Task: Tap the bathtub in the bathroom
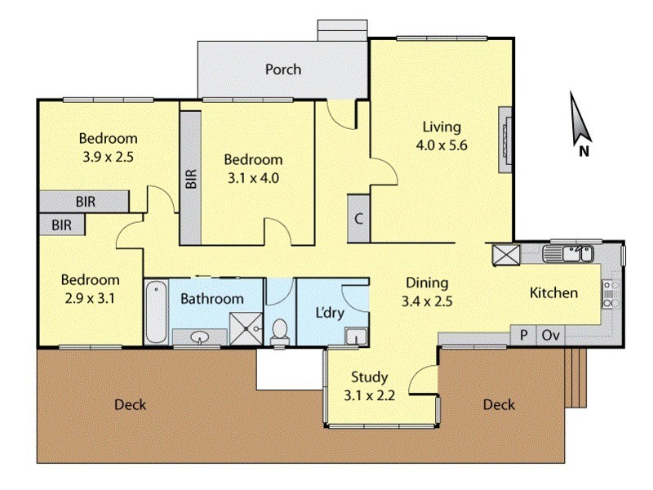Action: tap(156, 312)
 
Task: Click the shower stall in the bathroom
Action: tap(247, 329)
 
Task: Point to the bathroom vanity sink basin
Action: tap(201, 336)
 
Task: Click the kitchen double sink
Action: tap(568, 254)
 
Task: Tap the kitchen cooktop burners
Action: tap(608, 294)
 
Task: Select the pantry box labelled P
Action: tap(523, 335)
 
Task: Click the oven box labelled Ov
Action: tap(550, 335)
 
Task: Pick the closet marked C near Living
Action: tap(358, 218)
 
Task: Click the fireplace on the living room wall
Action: tap(505, 140)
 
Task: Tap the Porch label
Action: tap(283, 69)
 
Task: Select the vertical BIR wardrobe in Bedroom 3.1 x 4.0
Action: tap(191, 177)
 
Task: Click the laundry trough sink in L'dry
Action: tap(356, 336)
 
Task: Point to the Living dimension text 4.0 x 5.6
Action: tap(442, 145)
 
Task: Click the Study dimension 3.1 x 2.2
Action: tap(370, 394)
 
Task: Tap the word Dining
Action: tap(427, 283)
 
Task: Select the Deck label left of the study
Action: tap(131, 404)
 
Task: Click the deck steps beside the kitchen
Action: tap(576, 377)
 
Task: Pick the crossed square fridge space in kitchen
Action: tap(506, 255)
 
